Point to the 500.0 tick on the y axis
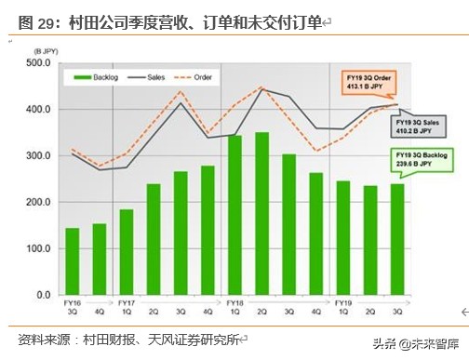coord(38,63)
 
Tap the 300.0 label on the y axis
coord(38,156)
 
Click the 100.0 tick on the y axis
coord(38,249)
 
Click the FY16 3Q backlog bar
coord(72,261)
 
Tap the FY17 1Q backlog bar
coord(126,252)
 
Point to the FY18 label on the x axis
coord(235,302)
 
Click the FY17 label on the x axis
coord(128,302)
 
